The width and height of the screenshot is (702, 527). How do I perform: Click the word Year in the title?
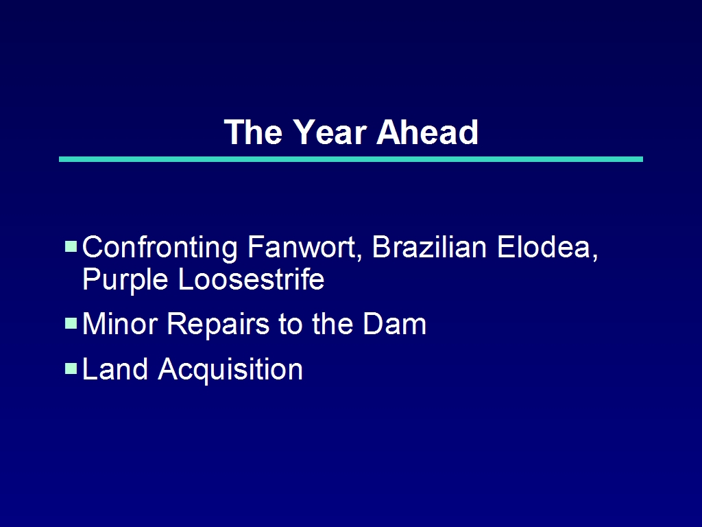[330, 132]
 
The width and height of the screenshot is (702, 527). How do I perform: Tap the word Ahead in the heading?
[428, 132]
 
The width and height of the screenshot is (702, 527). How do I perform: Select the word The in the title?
[254, 132]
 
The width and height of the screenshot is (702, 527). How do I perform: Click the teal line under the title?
[351, 159]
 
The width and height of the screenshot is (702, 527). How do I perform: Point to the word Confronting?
[160, 248]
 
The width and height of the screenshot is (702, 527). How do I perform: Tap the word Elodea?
[547, 247]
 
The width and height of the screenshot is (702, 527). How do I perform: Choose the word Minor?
[120, 324]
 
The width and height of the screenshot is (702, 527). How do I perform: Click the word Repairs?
[218, 325]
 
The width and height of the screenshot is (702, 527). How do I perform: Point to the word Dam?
[394, 324]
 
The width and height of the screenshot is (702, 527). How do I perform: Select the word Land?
[115, 368]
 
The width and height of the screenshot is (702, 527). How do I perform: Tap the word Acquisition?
[230, 370]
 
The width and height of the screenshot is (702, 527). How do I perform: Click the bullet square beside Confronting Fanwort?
[71, 246]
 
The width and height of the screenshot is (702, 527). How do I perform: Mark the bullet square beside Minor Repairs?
[71, 323]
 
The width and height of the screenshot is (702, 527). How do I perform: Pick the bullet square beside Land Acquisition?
[71, 368]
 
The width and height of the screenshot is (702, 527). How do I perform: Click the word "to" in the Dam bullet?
[291, 325]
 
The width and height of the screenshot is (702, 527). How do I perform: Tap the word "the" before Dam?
[332, 324]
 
